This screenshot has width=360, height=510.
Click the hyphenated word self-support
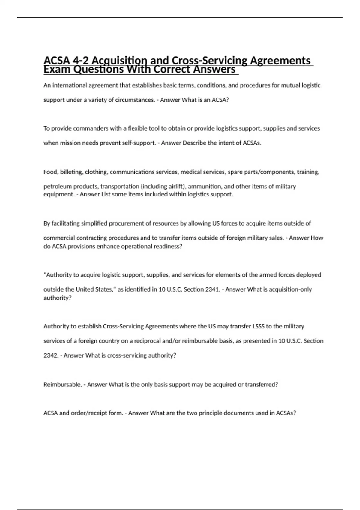pos(139,143)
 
